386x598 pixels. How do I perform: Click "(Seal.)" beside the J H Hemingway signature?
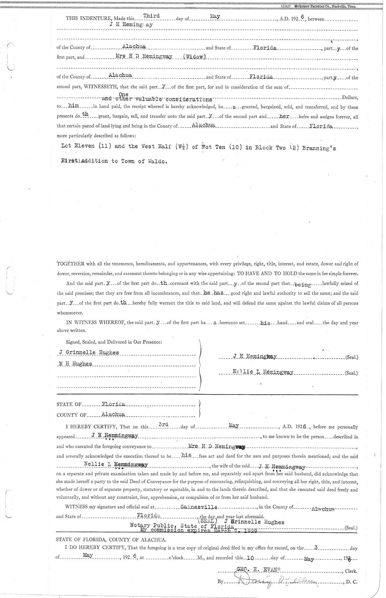[351, 357]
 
